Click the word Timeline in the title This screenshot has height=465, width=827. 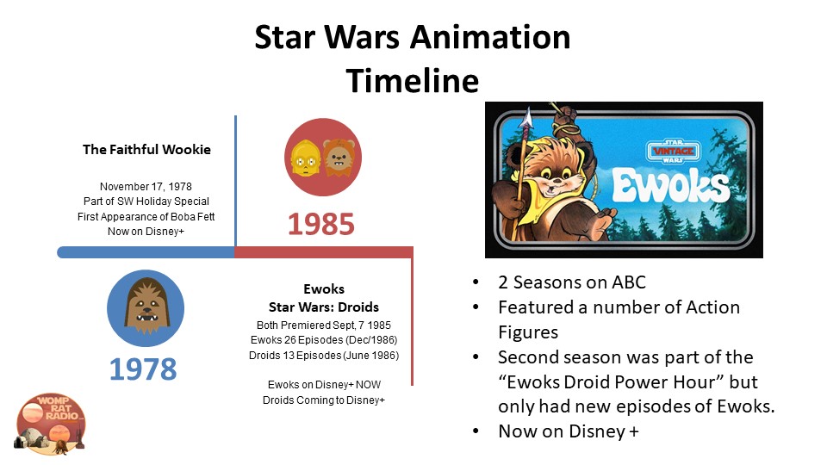coord(413,81)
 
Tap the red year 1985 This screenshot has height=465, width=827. coord(321,224)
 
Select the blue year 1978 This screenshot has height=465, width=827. coord(143,369)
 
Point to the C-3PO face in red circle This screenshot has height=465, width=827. coord(305,158)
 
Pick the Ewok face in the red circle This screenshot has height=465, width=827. coord(339,158)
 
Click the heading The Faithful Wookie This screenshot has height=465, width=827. coord(146,150)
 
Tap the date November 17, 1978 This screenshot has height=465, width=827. coord(146,187)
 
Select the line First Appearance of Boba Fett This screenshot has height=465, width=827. coord(146,217)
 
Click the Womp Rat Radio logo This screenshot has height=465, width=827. coord(50,424)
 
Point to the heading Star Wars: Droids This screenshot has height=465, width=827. coord(324,307)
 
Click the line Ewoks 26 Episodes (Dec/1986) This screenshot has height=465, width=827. coord(324,340)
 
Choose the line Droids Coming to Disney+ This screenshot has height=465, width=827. coord(324,400)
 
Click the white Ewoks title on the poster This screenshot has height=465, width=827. coord(671,186)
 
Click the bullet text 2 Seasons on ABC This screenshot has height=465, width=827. coord(572,282)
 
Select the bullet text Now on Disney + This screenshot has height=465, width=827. coord(569,431)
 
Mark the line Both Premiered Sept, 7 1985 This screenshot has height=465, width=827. coord(324,325)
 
